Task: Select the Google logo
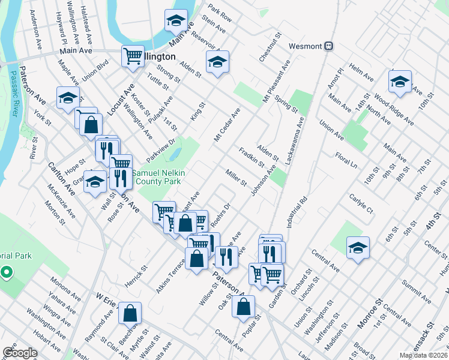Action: pos(20,353)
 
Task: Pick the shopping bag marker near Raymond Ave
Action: pos(130,312)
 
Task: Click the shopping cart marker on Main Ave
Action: pos(133,56)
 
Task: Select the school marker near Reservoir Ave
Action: pos(217,62)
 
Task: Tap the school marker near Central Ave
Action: pos(358,247)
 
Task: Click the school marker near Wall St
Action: pos(95,181)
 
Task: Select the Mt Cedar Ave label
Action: pos(227,125)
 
